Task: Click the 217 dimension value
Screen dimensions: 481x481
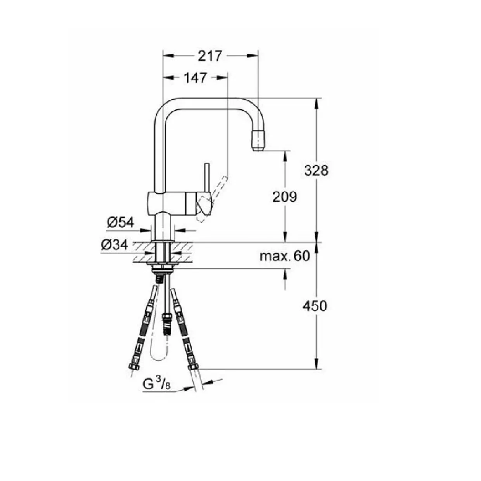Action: pos(210,56)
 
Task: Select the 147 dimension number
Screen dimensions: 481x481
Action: pos(196,78)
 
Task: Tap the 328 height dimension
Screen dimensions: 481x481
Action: pos(316,171)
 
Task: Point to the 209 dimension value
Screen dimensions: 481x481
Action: pos(285,197)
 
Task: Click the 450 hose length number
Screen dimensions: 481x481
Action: pos(315,306)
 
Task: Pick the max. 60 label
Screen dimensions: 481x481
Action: pos(285,256)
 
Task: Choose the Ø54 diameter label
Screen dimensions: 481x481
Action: pos(121,222)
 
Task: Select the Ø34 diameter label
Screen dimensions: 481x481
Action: pos(114,245)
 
